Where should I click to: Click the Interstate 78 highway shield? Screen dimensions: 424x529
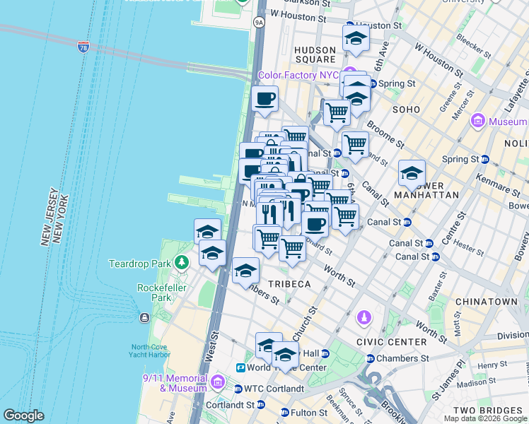point(83,47)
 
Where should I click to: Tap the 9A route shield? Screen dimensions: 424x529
point(259,23)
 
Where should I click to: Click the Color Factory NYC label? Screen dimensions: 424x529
point(298,75)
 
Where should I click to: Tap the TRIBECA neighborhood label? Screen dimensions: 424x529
point(288,283)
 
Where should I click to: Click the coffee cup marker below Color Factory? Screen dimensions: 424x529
point(265,100)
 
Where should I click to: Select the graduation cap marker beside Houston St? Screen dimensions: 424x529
point(356,40)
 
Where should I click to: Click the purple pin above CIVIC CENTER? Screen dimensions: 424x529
point(364,317)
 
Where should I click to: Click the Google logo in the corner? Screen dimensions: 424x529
point(23,416)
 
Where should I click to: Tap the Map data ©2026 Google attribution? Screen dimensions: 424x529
point(485,418)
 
